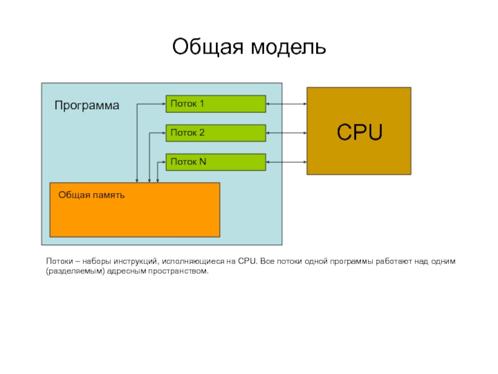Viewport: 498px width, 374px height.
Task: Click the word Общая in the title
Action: pyautogui.click(x=208, y=47)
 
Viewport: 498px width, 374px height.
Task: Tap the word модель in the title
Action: pyautogui.click(x=288, y=47)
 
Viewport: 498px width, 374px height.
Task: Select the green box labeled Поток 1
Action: pyautogui.click(x=216, y=103)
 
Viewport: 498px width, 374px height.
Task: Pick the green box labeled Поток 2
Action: pyautogui.click(x=216, y=133)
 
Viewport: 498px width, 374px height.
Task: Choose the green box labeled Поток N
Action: pyautogui.click(x=216, y=162)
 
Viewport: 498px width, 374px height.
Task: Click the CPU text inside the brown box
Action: pyautogui.click(x=360, y=132)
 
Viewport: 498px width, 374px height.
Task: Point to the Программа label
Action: pyautogui.click(x=87, y=105)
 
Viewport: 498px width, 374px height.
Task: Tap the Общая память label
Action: pyautogui.click(x=92, y=195)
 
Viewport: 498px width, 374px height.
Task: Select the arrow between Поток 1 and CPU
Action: pyautogui.click(x=286, y=103)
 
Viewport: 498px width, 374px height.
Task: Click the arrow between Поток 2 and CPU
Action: pyautogui.click(x=286, y=133)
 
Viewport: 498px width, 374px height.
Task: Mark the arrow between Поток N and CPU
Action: pyautogui.click(x=286, y=162)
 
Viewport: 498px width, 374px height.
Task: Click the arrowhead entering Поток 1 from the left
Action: pyautogui.click(x=164, y=103)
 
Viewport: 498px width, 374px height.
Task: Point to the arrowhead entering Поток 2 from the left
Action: pyautogui.click(x=164, y=133)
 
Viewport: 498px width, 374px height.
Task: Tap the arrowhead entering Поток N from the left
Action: pyautogui.click(x=164, y=162)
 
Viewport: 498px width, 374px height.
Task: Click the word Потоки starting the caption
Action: pyautogui.click(x=60, y=261)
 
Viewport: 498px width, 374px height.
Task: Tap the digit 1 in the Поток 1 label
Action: pyautogui.click(x=201, y=103)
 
